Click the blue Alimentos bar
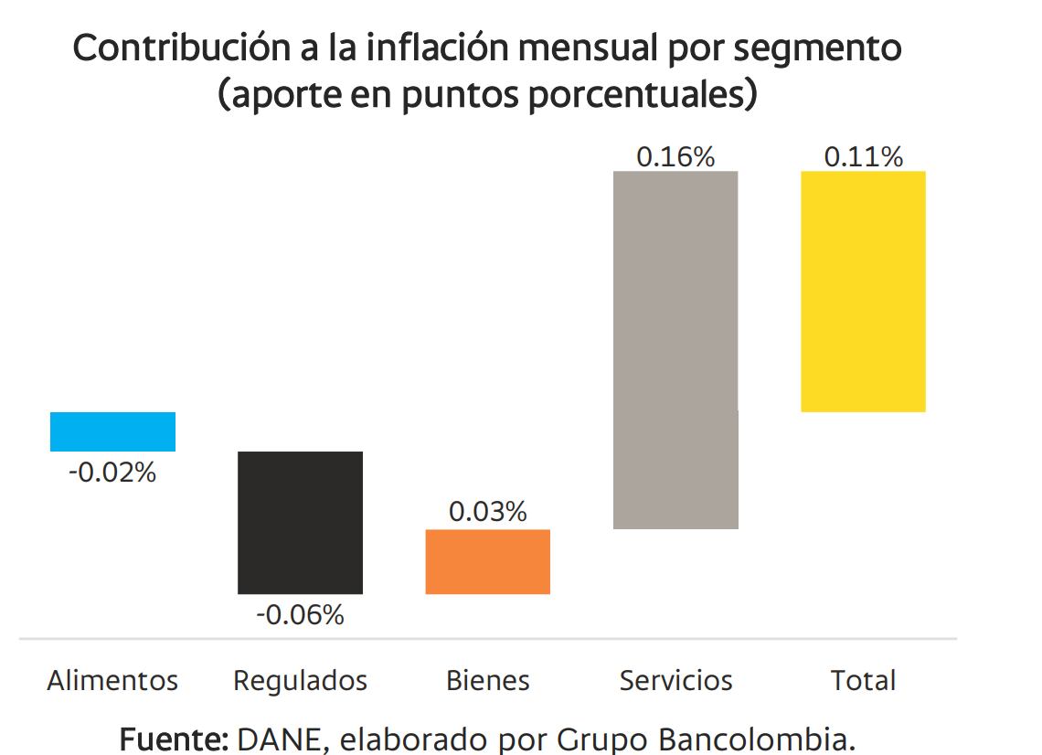click(x=112, y=431)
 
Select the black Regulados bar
click(x=300, y=522)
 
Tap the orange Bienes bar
click(x=488, y=561)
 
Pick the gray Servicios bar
click(x=675, y=349)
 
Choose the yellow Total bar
click(x=863, y=291)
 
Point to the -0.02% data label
click(x=112, y=473)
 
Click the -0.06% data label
click(x=300, y=615)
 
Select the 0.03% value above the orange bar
click(x=488, y=512)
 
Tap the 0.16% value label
click(x=675, y=156)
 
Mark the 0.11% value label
click(x=863, y=156)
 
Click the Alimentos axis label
click(x=112, y=681)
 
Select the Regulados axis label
click(x=300, y=681)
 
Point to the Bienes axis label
click(x=488, y=681)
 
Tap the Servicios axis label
click(x=675, y=681)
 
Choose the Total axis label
click(x=863, y=681)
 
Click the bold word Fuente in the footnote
click(x=174, y=738)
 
